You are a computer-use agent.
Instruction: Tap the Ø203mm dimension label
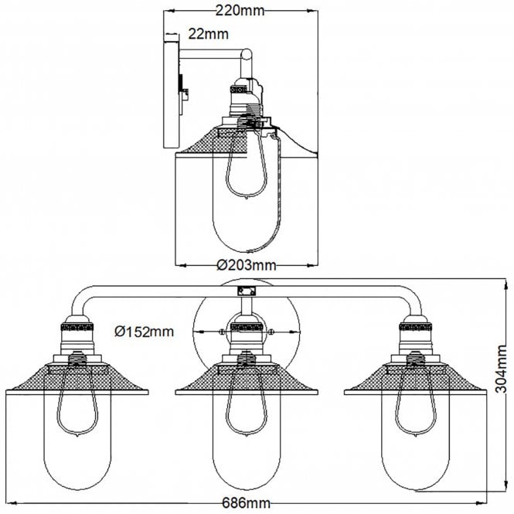tap(246, 265)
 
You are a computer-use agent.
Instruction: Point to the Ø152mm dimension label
tap(144, 332)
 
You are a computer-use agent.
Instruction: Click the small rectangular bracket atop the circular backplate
tap(245, 291)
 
